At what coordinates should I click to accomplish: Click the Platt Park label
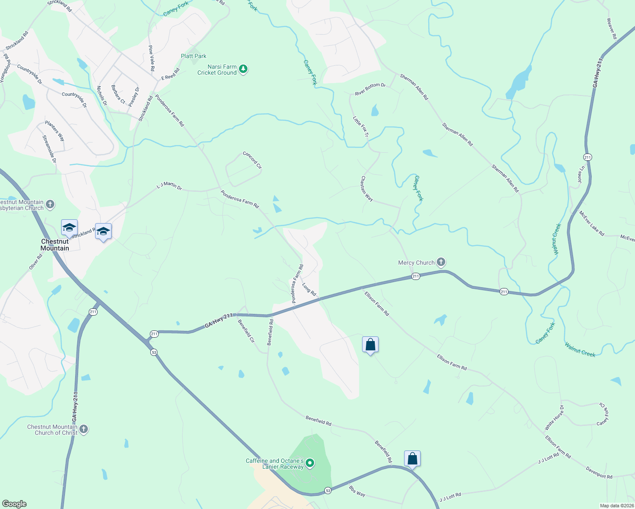pos(194,56)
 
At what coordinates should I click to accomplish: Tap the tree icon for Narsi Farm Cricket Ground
pos(243,69)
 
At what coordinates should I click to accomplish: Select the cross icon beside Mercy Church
pos(441,262)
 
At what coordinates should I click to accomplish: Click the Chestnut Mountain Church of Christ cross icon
pos(84,429)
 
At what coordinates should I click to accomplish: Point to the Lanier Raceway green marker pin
pos(310,463)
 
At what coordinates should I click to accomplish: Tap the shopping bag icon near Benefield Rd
pos(412,459)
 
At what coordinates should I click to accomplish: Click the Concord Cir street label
pos(252,160)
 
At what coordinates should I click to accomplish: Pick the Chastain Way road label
pos(367,189)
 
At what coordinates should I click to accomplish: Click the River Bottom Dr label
pos(370,89)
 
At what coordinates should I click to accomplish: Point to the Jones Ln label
pos(581,174)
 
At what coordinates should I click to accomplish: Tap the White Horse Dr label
pos(554,418)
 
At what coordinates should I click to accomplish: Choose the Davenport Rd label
pos(599,473)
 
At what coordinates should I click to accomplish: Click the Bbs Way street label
pos(357,491)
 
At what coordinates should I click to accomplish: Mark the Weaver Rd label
pos(612,29)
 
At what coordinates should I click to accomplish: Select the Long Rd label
pos(309,289)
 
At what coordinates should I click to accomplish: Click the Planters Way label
pos(55,131)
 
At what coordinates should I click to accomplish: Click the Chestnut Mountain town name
pos(55,245)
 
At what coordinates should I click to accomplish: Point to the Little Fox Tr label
pos(361,126)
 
